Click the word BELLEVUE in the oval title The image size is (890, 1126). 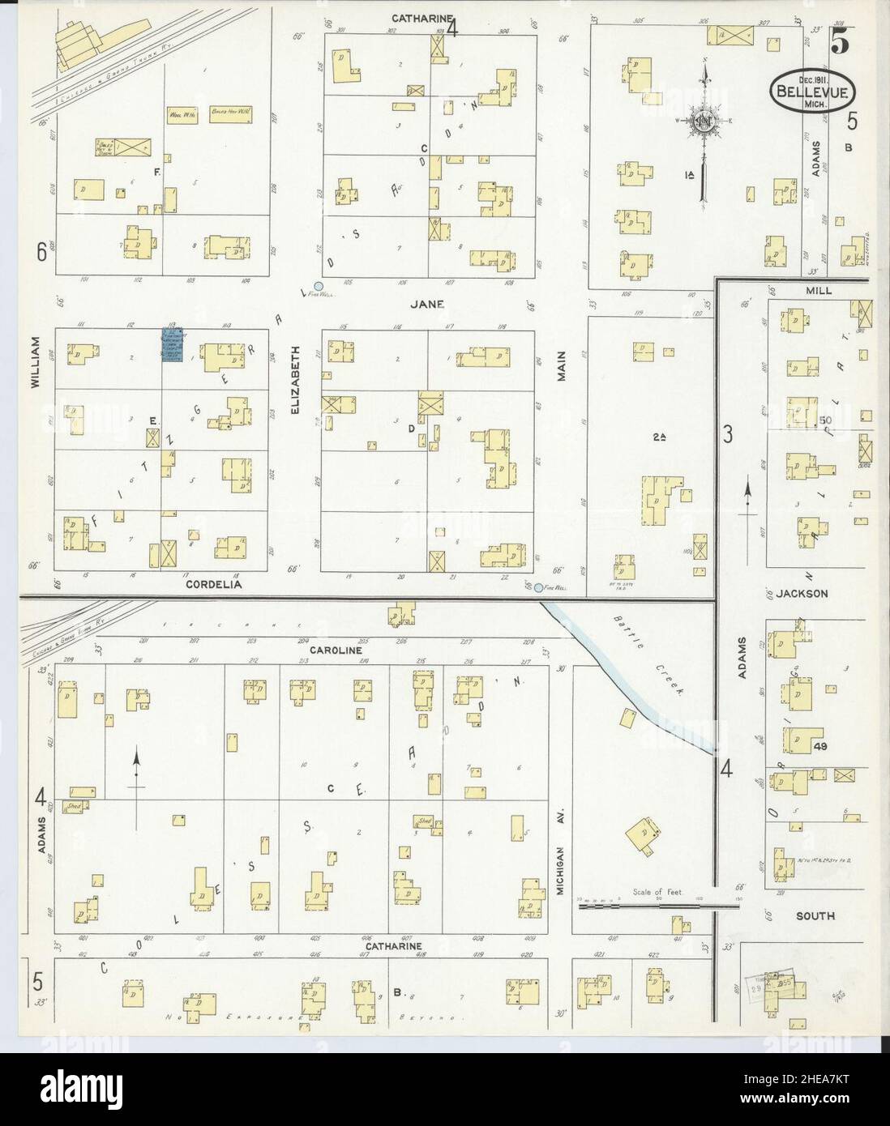[x=811, y=92]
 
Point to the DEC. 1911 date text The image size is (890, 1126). [x=810, y=80]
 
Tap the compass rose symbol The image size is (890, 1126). [x=702, y=122]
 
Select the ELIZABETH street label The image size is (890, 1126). [x=297, y=382]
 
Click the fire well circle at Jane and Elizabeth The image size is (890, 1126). [x=319, y=287]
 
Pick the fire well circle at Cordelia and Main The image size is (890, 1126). [x=538, y=587]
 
